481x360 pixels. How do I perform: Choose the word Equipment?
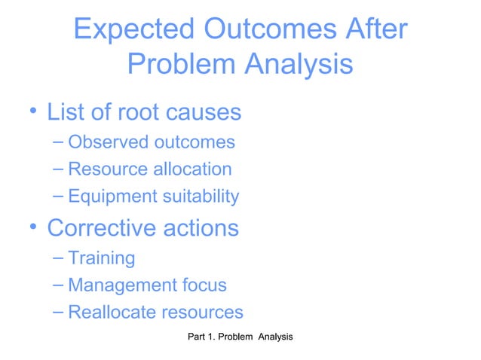click(x=111, y=197)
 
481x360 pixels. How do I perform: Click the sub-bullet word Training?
click(x=101, y=258)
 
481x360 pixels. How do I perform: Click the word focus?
click(x=205, y=285)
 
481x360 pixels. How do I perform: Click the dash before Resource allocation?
click(x=59, y=169)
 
